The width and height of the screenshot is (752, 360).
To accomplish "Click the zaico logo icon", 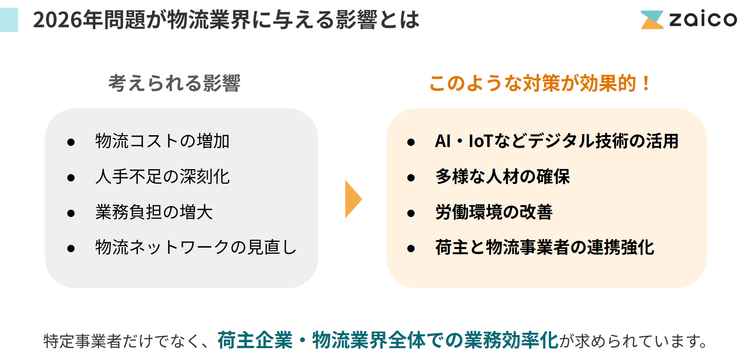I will pos(652,20).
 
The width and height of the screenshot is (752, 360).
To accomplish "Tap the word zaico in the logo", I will pos(703,19).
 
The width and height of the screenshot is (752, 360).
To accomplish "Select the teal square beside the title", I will pos(9,20).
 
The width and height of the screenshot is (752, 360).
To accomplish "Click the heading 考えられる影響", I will pos(174,83).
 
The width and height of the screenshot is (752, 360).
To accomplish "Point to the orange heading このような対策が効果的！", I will pos(539,83).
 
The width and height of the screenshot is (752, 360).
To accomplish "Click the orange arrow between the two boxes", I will pos(353,199).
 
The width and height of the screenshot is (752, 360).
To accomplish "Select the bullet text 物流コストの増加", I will pos(162,141).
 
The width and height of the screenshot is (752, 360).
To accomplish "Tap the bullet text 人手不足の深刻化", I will pos(162,177).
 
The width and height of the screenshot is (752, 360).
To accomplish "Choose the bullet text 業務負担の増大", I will pos(154,212).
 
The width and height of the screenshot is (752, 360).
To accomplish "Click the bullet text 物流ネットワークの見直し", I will pos(196,247).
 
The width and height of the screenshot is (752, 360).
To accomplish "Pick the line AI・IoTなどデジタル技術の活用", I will pos(557,141).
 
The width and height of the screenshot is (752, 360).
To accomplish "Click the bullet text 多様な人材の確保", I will pos(503,177).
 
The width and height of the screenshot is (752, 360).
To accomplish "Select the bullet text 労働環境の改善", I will pos(494,212).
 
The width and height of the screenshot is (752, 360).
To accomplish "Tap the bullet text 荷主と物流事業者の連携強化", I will pos(545,247).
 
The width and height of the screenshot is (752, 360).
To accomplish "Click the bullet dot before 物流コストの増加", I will pos(71,142).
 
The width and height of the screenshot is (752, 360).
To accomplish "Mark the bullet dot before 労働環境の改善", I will pos(411,213).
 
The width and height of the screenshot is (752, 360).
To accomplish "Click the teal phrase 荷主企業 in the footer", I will pos(255,340).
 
